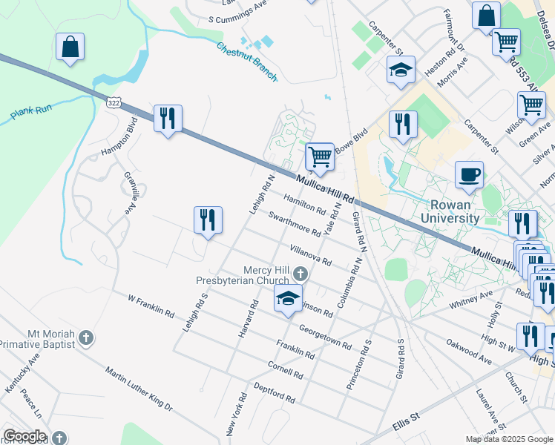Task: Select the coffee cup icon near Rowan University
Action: (469, 176)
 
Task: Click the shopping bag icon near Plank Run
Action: (70, 47)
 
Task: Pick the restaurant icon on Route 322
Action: (168, 119)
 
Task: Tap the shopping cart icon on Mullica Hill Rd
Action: (320, 156)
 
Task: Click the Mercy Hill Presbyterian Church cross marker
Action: (300, 274)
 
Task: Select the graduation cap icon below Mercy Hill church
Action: (289, 299)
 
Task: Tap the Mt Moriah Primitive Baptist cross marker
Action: (86, 339)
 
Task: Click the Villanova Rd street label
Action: (310, 255)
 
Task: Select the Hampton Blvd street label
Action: (119, 137)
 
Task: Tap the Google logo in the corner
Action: (24, 436)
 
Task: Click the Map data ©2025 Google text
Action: (508, 439)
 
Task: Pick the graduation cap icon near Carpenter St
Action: (400, 71)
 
